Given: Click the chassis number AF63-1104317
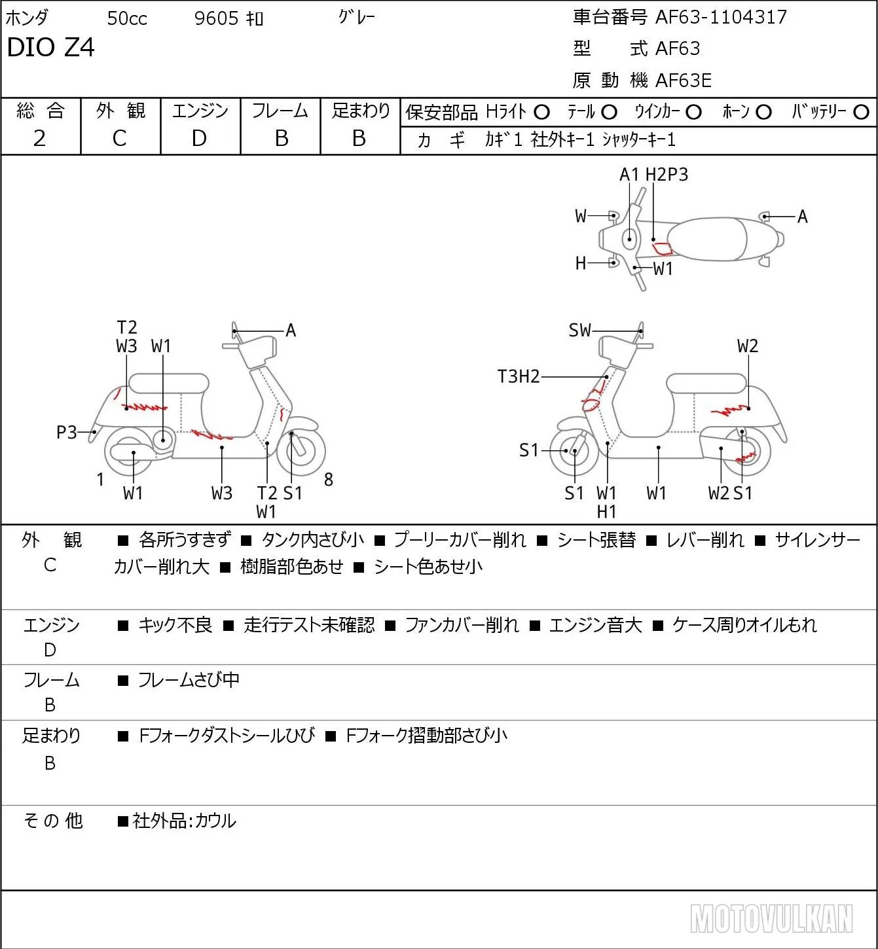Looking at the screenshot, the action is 721,17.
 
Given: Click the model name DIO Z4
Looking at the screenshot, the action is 50,47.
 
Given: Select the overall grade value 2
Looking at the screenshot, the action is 40,138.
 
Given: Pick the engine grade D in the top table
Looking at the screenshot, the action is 199,138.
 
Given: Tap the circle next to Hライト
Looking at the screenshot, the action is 541,113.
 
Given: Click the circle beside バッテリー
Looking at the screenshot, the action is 861,113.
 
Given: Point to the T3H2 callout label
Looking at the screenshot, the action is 519,376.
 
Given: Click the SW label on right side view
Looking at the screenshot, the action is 579,331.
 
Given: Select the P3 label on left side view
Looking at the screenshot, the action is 67,432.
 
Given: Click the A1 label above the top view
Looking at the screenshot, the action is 629,174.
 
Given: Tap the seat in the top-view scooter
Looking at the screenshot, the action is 707,239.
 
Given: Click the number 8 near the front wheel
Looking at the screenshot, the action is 328,479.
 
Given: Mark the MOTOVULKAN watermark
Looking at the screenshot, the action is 771,918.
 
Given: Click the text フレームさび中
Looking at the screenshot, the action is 189,679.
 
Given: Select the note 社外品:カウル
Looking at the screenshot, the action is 184,821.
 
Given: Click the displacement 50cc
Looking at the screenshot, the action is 127,18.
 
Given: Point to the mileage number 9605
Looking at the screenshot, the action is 216,18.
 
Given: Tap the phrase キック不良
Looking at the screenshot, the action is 175,624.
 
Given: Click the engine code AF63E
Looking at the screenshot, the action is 684,81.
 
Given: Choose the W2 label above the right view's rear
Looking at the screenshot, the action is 748,346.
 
